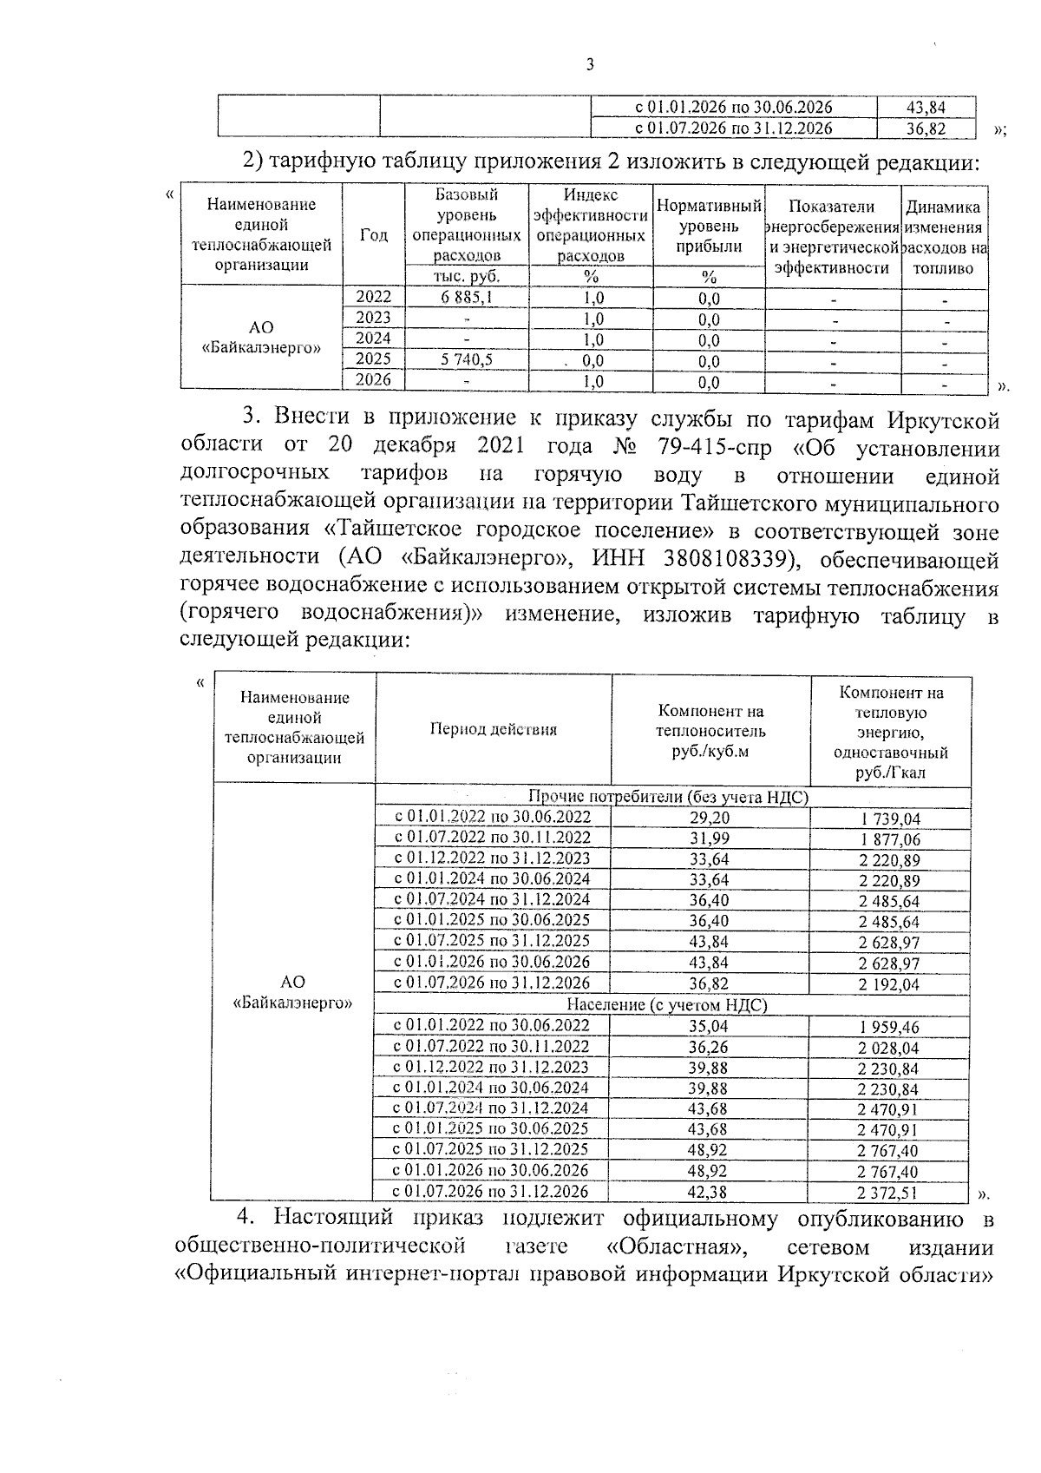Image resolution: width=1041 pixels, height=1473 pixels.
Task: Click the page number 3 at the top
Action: [x=590, y=65]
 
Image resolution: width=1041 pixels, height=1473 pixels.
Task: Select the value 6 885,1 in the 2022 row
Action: [x=467, y=298]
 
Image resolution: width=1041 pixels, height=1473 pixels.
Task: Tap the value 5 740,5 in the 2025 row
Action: [x=467, y=359]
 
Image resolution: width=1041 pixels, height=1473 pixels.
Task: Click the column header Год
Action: [x=374, y=236]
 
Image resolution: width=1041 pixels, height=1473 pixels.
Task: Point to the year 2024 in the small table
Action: [x=374, y=339]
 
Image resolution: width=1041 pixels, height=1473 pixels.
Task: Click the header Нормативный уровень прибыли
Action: [x=709, y=226]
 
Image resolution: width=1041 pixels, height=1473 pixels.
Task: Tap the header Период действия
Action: [x=494, y=729]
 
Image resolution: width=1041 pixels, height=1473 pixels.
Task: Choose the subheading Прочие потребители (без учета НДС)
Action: [x=669, y=797]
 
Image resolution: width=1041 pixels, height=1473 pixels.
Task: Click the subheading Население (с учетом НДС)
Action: [x=668, y=1005]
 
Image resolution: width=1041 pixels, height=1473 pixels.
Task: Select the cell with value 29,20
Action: [x=709, y=818]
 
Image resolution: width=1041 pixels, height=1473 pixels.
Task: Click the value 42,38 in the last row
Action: [x=709, y=1193]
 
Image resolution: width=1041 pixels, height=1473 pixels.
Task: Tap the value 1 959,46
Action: [x=888, y=1027]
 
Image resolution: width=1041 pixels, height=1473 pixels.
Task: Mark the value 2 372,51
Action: [x=888, y=1194]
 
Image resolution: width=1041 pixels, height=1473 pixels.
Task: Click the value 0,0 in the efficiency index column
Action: [x=593, y=360]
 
